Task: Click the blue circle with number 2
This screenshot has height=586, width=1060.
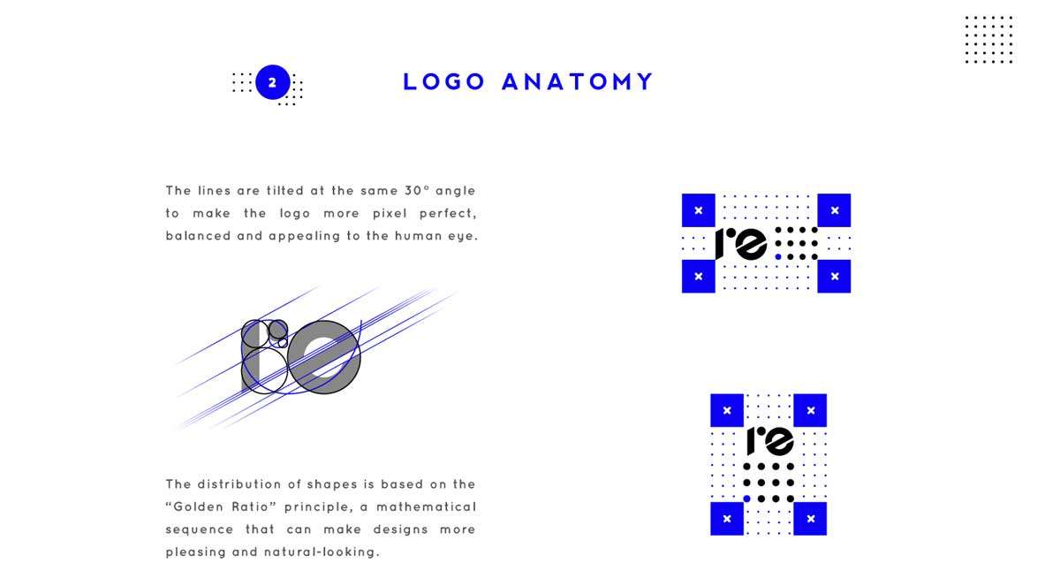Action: pos(273,82)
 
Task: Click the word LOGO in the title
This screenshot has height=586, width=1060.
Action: pos(443,81)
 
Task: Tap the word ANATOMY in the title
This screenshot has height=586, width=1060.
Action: pos(578,81)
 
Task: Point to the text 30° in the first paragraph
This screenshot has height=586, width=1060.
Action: pos(416,190)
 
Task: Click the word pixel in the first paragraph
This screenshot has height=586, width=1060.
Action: pos(390,214)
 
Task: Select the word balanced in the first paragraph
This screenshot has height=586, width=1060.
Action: pos(198,235)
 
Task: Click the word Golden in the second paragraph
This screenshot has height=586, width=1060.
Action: pos(198,506)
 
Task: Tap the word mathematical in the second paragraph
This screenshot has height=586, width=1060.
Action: pos(426,506)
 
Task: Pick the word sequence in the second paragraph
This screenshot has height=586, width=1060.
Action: pos(200,529)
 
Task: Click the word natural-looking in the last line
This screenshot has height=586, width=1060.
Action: pos(322,552)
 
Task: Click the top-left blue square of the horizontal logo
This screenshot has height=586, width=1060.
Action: pos(699,210)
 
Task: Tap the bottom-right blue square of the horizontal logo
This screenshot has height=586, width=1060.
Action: pos(834,276)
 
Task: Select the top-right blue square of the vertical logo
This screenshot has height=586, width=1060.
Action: pos(810,410)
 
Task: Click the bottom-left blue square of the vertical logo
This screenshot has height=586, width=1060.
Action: pos(727,519)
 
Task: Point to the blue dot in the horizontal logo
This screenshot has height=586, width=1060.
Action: pos(778,257)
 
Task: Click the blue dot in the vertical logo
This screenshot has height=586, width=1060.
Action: pos(746,498)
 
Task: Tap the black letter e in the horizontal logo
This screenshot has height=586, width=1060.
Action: pos(751,244)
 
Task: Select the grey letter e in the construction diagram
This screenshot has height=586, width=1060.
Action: pos(324,357)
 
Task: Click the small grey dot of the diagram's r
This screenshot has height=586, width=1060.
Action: pos(278,330)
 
